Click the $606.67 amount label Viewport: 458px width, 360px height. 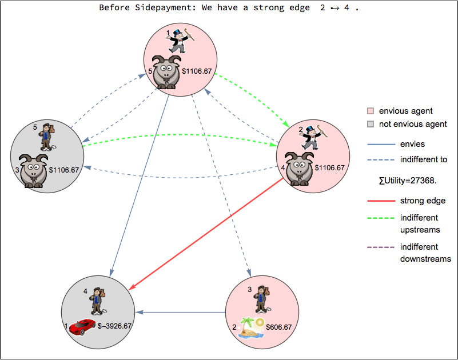click(x=280, y=327)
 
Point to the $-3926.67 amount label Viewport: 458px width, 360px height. click(x=114, y=326)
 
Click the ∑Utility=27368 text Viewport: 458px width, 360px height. click(x=408, y=180)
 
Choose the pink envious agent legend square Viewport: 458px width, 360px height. click(x=371, y=111)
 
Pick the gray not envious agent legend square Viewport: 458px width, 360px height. click(x=371, y=124)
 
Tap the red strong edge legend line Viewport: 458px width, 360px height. click(x=380, y=201)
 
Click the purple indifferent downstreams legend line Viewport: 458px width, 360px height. click(x=380, y=247)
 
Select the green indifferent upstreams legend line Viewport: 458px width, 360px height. click(x=380, y=218)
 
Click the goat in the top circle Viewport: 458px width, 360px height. click(x=167, y=72)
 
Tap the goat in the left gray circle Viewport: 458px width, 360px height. click(x=33, y=170)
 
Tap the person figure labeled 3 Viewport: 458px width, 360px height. click(x=261, y=298)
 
